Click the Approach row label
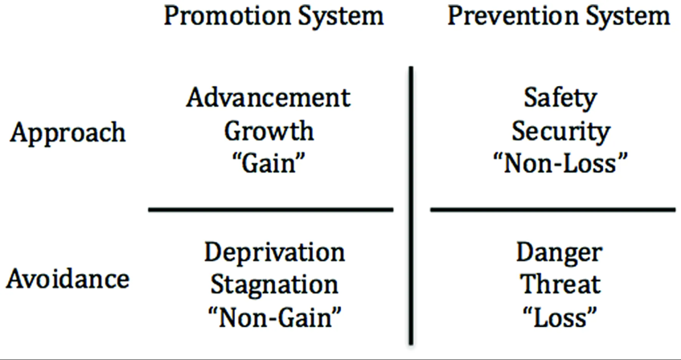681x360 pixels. pyautogui.click(x=68, y=133)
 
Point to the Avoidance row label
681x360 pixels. pyautogui.click(x=68, y=279)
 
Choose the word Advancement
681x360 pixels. pyautogui.click(x=269, y=97)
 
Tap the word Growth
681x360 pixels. pyautogui.click(x=269, y=130)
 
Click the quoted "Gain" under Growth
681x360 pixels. pyautogui.click(x=268, y=164)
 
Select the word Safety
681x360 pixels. pyautogui.click(x=560, y=99)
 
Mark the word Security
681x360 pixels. pyautogui.click(x=561, y=132)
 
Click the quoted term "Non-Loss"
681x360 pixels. pyautogui.click(x=561, y=164)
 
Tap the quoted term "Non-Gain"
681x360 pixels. pyautogui.click(x=274, y=317)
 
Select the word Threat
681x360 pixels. pyautogui.click(x=560, y=284)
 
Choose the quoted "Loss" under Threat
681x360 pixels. pyautogui.click(x=559, y=317)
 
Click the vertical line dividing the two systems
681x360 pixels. pyautogui.click(x=411, y=206)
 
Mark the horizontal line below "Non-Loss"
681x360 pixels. pyautogui.click(x=553, y=210)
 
